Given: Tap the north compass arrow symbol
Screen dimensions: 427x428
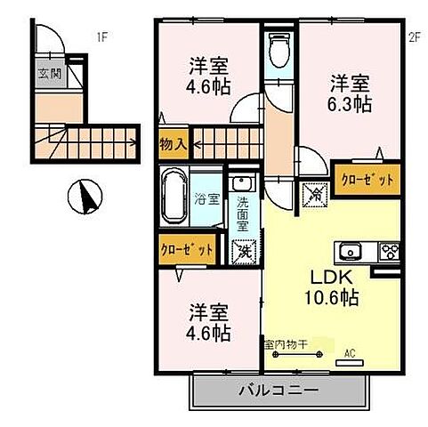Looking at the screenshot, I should coord(85,196).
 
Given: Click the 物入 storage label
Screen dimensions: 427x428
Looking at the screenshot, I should coord(174,141).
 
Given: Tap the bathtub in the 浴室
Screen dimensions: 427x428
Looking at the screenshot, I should coord(174,197).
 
